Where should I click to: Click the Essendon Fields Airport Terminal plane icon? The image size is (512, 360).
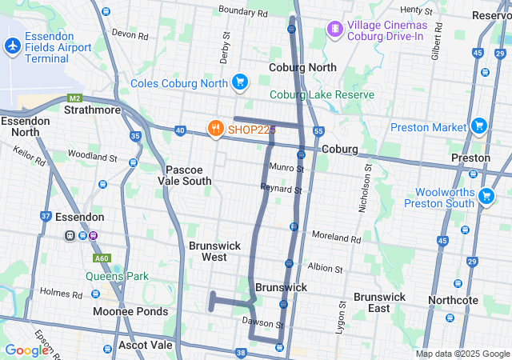pyautogui.click(x=12, y=46)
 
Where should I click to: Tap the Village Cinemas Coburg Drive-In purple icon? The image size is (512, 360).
pyautogui.click(x=334, y=30)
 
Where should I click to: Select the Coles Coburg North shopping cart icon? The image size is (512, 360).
pyautogui.click(x=239, y=82)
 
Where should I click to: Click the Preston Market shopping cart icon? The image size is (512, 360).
pyautogui.click(x=479, y=126)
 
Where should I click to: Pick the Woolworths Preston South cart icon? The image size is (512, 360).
pyautogui.click(x=486, y=196)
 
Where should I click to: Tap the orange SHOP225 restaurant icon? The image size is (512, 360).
pyautogui.click(x=215, y=128)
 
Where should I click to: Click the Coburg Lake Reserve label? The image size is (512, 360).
pyautogui.click(x=322, y=95)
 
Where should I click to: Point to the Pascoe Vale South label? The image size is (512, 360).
pyautogui.click(x=189, y=175)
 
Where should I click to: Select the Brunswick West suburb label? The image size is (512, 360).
pyautogui.click(x=208, y=251)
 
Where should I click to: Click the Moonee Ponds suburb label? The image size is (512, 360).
pyautogui.click(x=130, y=311)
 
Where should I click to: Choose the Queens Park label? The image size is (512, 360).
pyautogui.click(x=118, y=277)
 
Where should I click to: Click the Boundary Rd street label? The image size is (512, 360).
pyautogui.click(x=243, y=12)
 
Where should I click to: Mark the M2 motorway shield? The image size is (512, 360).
pyautogui.click(x=74, y=98)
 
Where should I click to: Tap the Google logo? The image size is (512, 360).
pyautogui.click(x=26, y=350)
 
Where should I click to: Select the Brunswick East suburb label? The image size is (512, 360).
pyautogui.click(x=379, y=302)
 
